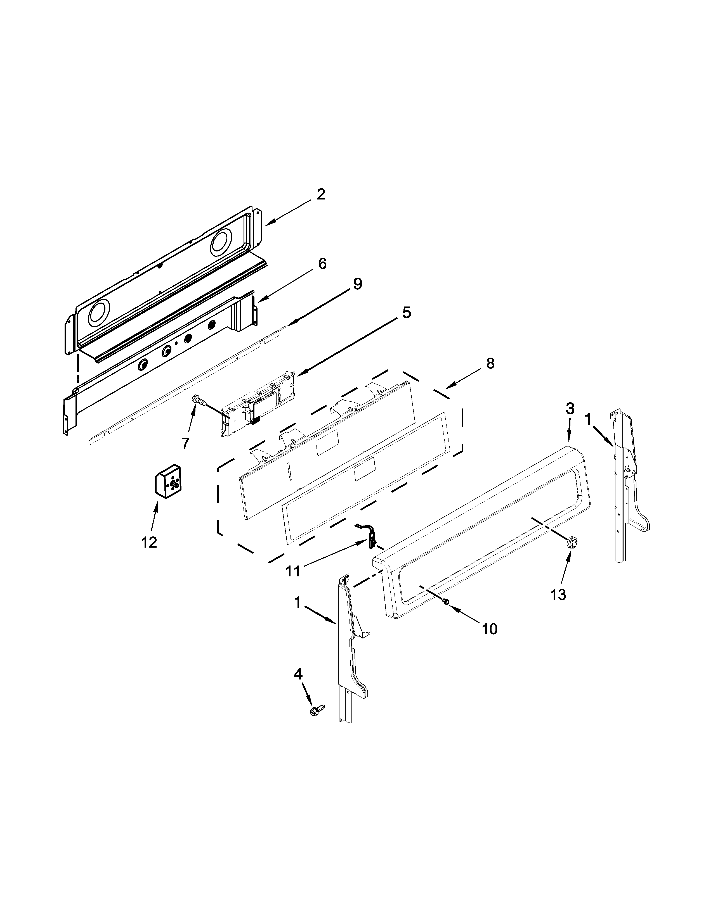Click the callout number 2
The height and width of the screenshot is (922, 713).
pyautogui.click(x=321, y=195)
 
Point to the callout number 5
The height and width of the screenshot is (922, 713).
pyautogui.click(x=406, y=313)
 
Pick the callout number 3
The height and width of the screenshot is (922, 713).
pyautogui.click(x=570, y=408)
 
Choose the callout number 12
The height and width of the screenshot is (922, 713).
pyautogui.click(x=149, y=542)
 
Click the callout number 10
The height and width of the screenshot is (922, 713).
pyautogui.click(x=490, y=641)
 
